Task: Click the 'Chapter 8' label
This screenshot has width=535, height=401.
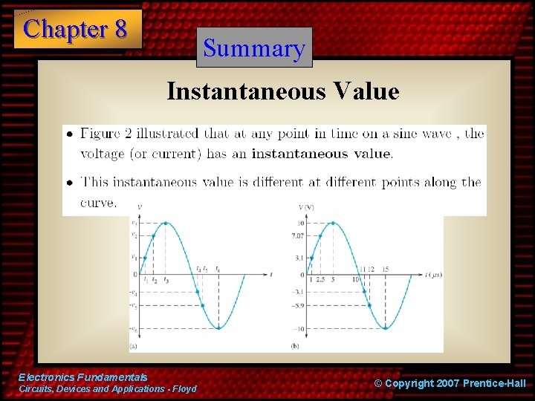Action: [76, 29]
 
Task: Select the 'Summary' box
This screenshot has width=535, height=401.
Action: [254, 48]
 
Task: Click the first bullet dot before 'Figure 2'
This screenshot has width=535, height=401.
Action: [69, 135]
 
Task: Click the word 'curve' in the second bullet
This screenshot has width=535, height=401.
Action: [97, 202]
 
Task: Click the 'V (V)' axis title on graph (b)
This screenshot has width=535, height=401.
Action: [306, 207]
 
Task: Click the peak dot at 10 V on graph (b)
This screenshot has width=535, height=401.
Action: [333, 223]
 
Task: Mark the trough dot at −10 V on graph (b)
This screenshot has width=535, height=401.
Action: [386, 328]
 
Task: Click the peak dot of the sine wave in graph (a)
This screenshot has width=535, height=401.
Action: [166, 223]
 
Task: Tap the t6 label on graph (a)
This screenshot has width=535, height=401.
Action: [218, 269]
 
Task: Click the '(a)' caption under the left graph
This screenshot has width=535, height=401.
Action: [133, 346]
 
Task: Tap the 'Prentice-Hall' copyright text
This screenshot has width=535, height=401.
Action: [493, 383]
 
